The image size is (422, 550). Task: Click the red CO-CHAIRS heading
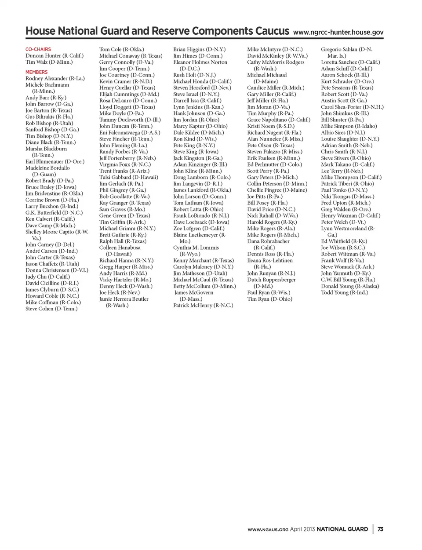38,49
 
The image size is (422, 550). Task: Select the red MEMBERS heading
36,72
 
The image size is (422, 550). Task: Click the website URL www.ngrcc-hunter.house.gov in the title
338,32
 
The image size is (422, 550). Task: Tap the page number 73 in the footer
380,529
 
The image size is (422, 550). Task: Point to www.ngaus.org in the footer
268,529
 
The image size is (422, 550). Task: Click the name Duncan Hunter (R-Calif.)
54,56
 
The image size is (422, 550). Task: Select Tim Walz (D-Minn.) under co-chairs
49,62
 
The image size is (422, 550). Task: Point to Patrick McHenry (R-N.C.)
203,305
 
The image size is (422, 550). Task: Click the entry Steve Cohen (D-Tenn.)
51,309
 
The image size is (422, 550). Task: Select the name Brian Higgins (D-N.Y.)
199,49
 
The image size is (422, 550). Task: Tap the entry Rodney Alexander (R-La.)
55,78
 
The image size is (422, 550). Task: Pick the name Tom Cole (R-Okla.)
121,49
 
